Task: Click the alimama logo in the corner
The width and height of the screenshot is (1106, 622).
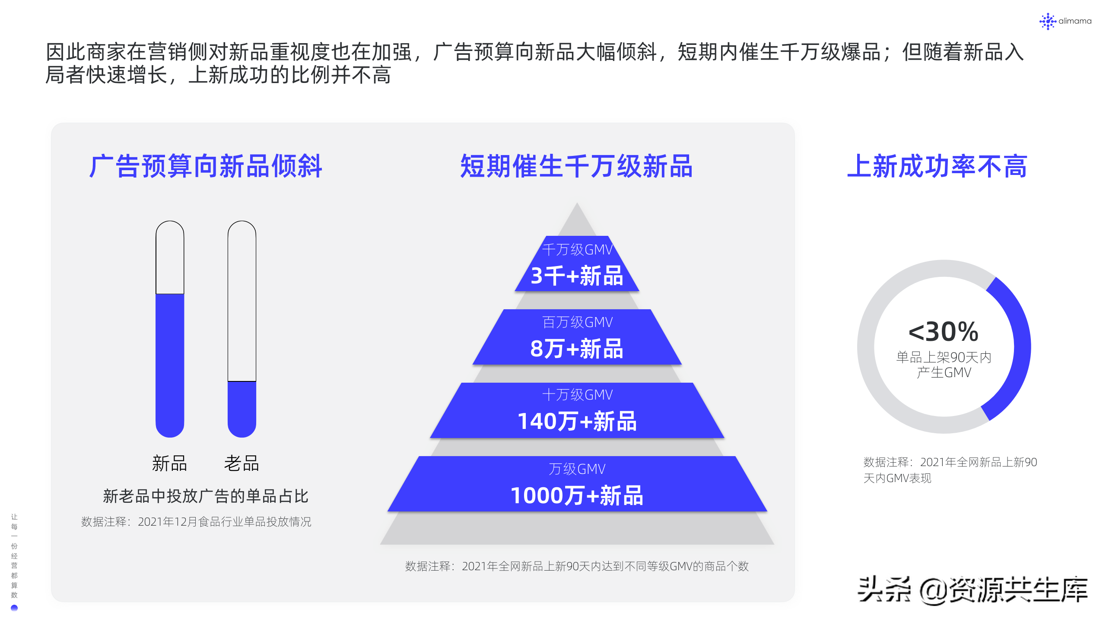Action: [1065, 21]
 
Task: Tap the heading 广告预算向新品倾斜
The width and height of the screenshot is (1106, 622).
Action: [206, 166]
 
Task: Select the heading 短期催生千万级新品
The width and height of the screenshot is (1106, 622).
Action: [576, 166]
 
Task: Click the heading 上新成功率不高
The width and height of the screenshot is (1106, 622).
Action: [937, 166]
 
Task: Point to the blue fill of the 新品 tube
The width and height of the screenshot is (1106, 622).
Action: [170, 363]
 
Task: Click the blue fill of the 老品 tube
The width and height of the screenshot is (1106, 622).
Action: [242, 408]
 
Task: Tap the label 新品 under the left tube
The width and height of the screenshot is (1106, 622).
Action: [169, 463]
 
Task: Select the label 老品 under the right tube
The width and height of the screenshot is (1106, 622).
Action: [242, 463]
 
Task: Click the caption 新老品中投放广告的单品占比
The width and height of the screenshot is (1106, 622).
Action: [206, 496]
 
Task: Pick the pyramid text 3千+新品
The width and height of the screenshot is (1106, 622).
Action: [577, 276]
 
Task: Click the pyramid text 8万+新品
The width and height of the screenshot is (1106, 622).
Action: [577, 349]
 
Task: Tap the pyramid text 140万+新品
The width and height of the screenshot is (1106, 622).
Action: [577, 421]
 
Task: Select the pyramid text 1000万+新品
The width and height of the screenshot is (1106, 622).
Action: [577, 495]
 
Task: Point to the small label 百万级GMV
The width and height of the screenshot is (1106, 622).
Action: [577, 322]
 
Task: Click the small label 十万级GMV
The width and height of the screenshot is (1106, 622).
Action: [577, 395]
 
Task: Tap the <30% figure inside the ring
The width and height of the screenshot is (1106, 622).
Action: [944, 332]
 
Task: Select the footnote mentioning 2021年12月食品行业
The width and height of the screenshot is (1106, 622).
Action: [196, 522]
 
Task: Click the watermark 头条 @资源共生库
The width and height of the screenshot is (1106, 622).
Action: [972, 590]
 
